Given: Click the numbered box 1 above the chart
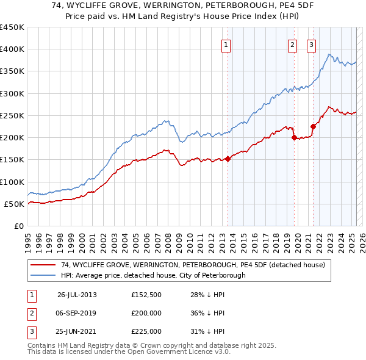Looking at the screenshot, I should point(226,44).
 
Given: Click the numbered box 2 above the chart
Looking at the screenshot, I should point(292,44).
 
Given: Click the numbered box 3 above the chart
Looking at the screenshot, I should point(311,44).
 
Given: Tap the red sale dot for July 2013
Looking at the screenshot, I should point(228,159).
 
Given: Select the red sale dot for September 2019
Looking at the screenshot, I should point(294,138).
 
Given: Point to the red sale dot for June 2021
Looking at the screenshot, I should point(313,127).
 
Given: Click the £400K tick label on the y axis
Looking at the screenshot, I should point(12,49).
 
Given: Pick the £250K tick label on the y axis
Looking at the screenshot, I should point(12,115).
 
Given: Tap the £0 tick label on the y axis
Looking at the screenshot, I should point(18,226).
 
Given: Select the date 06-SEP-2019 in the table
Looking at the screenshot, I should point(77,313).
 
